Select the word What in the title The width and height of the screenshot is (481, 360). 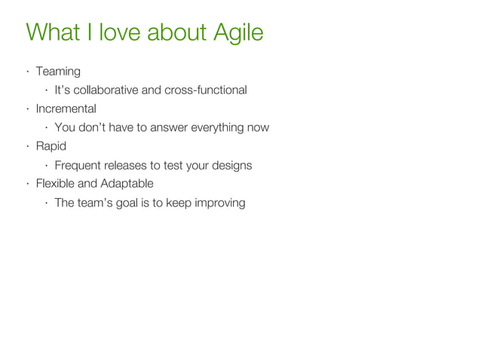54,33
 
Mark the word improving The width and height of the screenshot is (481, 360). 219,203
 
